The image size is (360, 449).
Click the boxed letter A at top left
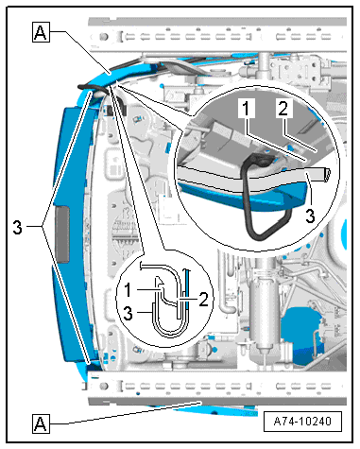coord(41,32)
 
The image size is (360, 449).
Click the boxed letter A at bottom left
coord(41,423)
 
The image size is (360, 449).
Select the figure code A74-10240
coord(302,422)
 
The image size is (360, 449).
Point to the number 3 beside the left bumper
coord(18,227)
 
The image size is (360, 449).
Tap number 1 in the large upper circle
coord(246,108)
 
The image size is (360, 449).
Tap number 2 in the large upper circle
coord(283,108)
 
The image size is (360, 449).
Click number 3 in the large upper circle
coord(311,216)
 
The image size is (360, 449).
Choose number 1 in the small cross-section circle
coord(128,290)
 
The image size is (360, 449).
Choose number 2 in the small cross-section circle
coord(204,299)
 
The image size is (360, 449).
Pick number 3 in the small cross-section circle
coord(128,314)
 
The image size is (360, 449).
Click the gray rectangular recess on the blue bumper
coord(62,233)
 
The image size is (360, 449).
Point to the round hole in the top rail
coord(103,37)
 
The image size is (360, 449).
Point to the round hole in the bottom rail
coord(103,386)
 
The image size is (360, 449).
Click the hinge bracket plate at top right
coord(299,71)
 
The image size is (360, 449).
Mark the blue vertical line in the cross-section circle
coord(187,290)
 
